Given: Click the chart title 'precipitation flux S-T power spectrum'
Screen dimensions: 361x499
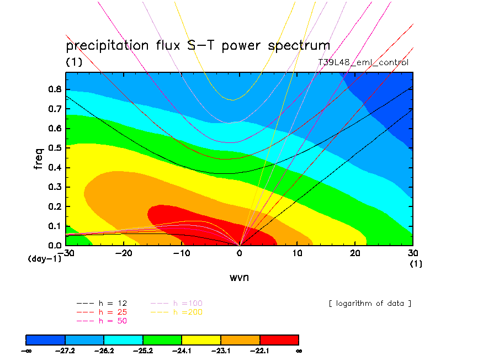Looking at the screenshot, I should pyautogui.click(x=198, y=46).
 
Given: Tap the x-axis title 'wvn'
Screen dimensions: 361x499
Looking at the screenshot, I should pyautogui.click(x=239, y=277).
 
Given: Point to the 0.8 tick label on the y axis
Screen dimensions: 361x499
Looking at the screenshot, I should pyautogui.click(x=54, y=89).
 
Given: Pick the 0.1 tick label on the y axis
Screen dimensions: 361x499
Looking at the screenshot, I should pyautogui.click(x=54, y=226).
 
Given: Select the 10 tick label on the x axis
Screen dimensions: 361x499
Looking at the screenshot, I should pyautogui.click(x=297, y=252).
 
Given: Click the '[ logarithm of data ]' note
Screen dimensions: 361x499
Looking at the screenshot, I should pyautogui.click(x=370, y=304).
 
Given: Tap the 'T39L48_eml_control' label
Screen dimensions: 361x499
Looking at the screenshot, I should pyautogui.click(x=363, y=62).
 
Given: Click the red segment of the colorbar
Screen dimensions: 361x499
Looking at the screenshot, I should pyautogui.click(x=279, y=339).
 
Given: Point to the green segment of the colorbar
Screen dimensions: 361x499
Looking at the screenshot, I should pyautogui.click(x=162, y=339).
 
